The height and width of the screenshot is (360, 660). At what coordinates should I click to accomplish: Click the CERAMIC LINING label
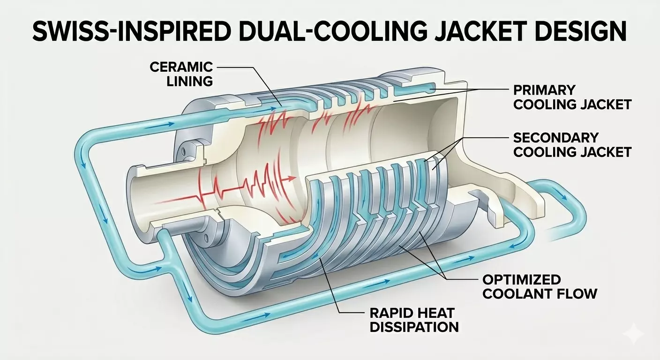[x=181, y=74]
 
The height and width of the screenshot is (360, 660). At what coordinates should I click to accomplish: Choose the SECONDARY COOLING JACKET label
[x=572, y=144]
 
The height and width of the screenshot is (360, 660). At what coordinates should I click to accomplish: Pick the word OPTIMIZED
[x=522, y=280]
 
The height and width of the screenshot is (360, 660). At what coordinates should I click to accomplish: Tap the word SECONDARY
[x=556, y=137]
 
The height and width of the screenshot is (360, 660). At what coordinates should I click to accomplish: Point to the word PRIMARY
[x=544, y=90]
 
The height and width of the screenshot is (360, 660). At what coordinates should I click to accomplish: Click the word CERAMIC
[x=181, y=67]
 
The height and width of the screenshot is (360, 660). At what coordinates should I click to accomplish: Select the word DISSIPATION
[x=414, y=327]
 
